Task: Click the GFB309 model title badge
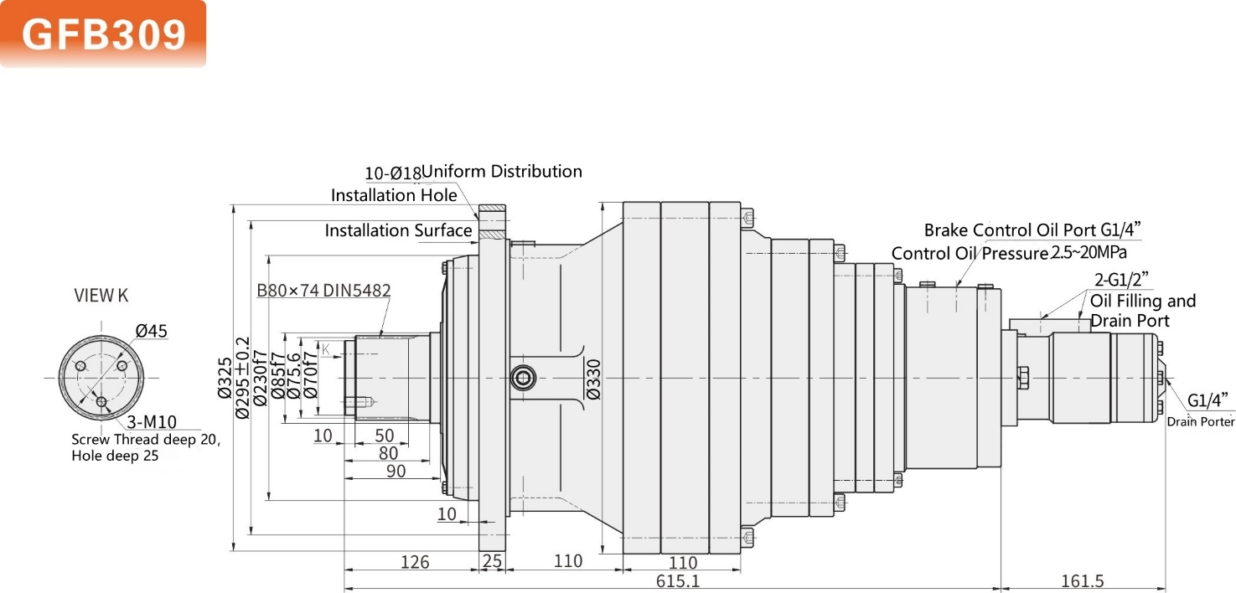coord(102,34)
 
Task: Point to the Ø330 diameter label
coord(593,379)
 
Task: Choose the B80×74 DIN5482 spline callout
coord(323,291)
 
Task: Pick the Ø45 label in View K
coord(151,331)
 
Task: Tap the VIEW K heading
coord(101,295)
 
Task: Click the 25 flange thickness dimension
coord(492,561)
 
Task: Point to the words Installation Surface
coord(398,230)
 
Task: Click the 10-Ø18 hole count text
coord(392,173)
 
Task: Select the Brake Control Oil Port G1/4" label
coord(1033,229)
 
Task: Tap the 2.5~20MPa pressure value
coord(1089,252)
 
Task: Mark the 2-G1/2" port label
coord(1120,279)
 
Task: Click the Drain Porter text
coord(1201,421)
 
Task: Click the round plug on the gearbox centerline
coord(523,379)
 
